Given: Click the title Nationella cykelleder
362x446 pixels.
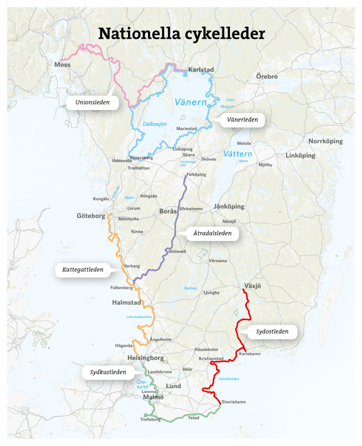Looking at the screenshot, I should (x=181, y=33).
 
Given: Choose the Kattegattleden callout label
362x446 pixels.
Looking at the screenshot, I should (x=79, y=269).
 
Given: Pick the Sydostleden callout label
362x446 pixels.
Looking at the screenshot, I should (x=272, y=332).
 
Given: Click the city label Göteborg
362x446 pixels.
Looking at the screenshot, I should (x=91, y=217).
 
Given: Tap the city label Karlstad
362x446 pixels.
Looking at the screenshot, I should (x=201, y=70).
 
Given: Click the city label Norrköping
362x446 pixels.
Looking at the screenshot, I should (x=325, y=141).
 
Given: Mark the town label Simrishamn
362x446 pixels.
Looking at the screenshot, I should (x=234, y=402).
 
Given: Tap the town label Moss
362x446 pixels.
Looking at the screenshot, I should (x=62, y=65).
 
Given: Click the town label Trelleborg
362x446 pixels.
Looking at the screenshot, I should (x=150, y=419).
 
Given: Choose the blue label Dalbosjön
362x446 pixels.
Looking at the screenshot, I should (x=154, y=124).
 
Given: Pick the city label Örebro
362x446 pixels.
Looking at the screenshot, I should (x=266, y=76).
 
